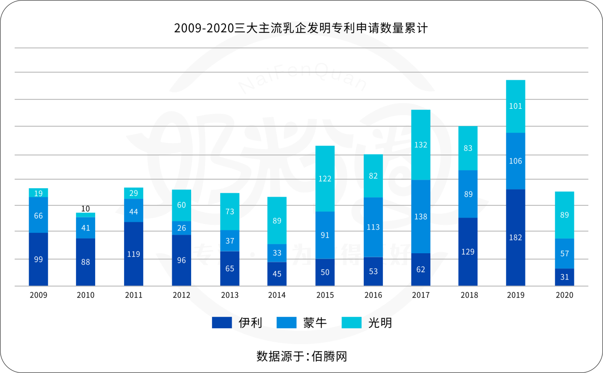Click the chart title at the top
pyautogui.click(x=301, y=29)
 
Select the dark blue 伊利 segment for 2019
pyautogui.click(x=515, y=237)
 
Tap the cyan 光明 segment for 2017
pyautogui.click(x=421, y=145)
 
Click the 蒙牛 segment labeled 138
pyautogui.click(x=421, y=216)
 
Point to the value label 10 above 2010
pyautogui.click(x=86, y=209)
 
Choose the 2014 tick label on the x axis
pyautogui.click(x=277, y=295)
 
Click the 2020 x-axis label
pyautogui.click(x=564, y=295)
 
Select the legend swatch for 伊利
pyautogui.click(x=222, y=323)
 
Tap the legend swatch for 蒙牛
pyautogui.click(x=286, y=323)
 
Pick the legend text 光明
pyautogui.click(x=380, y=323)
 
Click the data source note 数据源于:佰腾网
pyautogui.click(x=301, y=356)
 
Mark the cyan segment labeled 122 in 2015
pyautogui.click(x=325, y=179)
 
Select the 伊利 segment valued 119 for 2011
pyautogui.click(x=134, y=254)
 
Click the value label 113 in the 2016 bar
pyautogui.click(x=373, y=227)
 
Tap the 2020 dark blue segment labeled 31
pyautogui.click(x=564, y=277)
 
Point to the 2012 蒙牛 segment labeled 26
pyautogui.click(x=182, y=228)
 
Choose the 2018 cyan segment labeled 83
pyautogui.click(x=468, y=148)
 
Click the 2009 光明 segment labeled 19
pyautogui.click(x=39, y=193)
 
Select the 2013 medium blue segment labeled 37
pyautogui.click(x=230, y=241)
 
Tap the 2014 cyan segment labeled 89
pyautogui.click(x=277, y=220)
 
